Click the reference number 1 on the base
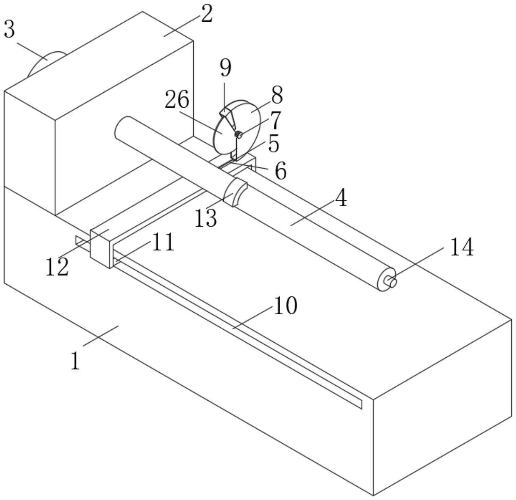pos(75,360)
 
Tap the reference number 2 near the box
pos(207,15)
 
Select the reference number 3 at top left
pos(9,30)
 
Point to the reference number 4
pos(340,198)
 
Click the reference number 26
pos(177,100)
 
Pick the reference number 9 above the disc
pos(226,68)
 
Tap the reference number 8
pos(277,95)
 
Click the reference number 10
pos(285,305)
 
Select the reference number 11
pos(163,242)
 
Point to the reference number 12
pos(57,267)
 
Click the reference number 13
pos(206,219)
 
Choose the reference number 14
pos(461,247)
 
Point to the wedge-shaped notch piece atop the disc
pos(227,115)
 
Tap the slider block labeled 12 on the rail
pos(101,247)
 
